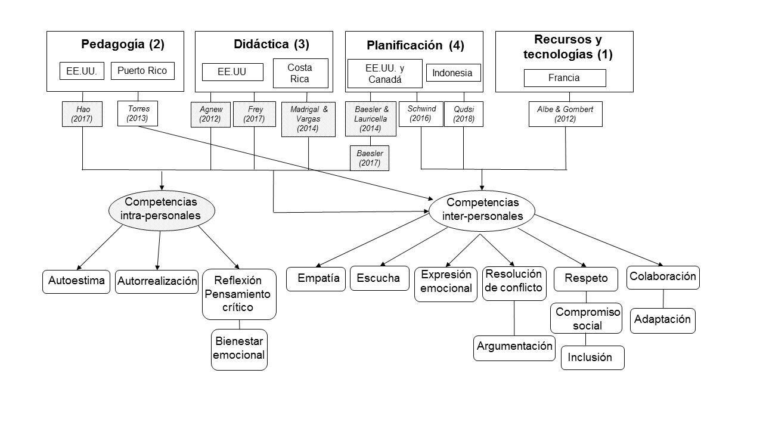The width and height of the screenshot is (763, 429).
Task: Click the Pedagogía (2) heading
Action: (x=122, y=44)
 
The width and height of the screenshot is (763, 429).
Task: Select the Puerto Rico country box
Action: (x=142, y=71)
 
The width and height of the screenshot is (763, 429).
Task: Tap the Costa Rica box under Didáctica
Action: (x=300, y=73)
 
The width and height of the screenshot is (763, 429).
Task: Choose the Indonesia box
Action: (x=452, y=73)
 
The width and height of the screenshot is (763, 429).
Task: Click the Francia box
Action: (x=564, y=77)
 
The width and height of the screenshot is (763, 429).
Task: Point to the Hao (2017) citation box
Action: (x=82, y=114)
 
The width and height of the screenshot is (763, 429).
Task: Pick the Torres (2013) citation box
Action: (x=138, y=113)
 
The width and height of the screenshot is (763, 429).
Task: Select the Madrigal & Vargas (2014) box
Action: (x=309, y=119)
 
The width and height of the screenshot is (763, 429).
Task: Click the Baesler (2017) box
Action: (x=369, y=158)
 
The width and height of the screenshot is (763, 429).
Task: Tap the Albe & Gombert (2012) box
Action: (x=565, y=114)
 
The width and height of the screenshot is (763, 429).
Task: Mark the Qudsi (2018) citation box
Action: (x=463, y=114)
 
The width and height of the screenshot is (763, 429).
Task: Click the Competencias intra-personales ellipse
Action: (x=161, y=209)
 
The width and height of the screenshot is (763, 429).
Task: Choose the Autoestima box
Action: (x=77, y=281)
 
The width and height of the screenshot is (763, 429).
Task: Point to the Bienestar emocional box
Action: (x=239, y=349)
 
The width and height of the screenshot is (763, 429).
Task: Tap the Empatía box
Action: (x=316, y=278)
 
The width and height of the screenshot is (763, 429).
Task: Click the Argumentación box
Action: (x=514, y=347)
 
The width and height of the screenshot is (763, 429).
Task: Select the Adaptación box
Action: (x=662, y=320)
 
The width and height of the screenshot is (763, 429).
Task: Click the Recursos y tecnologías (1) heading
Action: (x=567, y=48)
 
